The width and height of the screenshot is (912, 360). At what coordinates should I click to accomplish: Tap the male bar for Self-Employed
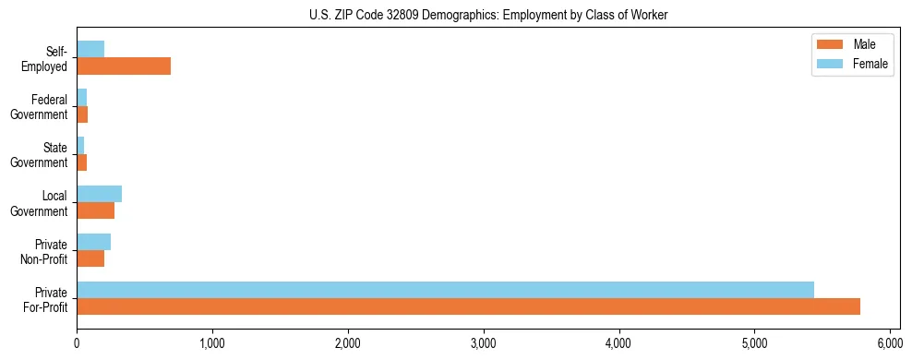[x=124, y=66]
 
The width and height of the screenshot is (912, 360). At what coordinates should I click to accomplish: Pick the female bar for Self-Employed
[x=90, y=49]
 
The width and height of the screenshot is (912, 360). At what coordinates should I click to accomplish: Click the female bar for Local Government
[x=99, y=194]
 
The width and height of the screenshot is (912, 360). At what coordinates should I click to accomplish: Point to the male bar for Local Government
[x=95, y=210]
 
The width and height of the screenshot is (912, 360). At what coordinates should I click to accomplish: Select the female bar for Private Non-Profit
[x=93, y=242]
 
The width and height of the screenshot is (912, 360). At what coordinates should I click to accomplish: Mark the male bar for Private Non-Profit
[x=90, y=258]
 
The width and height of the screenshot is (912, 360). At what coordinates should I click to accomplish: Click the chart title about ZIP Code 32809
[x=488, y=16]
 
